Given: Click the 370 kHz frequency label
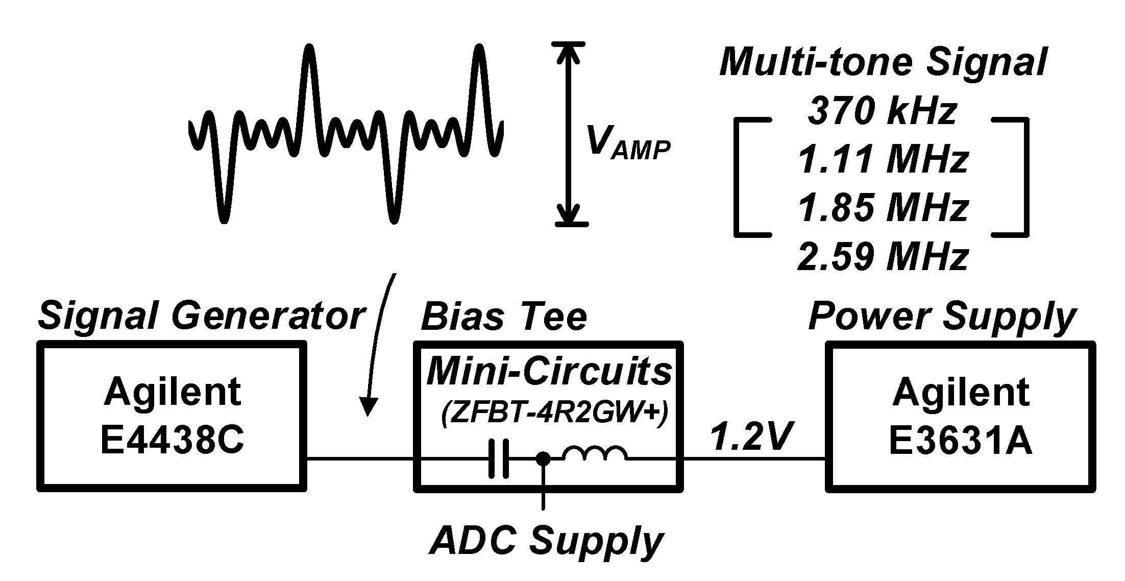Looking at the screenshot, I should tap(883, 112).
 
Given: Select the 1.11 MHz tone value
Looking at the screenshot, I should tap(883, 160).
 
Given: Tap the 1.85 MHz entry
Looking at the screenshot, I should tap(883, 208).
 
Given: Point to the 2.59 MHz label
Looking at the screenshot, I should tap(883, 257).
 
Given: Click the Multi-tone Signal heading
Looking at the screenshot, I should tap(883, 63).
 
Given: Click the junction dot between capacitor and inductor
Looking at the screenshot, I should tap(543, 459).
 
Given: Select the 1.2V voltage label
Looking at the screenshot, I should tap(751, 437).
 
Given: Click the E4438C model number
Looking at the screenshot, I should tap(172, 440).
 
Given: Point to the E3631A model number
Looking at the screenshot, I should tap(961, 440).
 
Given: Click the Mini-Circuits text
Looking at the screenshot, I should tap(549, 371).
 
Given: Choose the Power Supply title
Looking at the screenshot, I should tap(942, 317).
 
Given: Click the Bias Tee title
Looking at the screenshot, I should tap(504, 317).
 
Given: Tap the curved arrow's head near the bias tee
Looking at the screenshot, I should tap(368, 407).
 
